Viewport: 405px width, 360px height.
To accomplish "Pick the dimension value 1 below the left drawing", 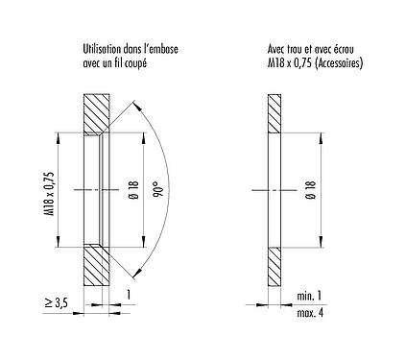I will pyautogui.click(x=125, y=293).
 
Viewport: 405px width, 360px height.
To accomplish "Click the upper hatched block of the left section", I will pyautogui.click(x=96, y=114).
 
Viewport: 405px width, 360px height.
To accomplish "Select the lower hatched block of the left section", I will pyautogui.click(x=96, y=264).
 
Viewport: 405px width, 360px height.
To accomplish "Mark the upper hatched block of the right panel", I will pyautogui.click(x=274, y=114).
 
